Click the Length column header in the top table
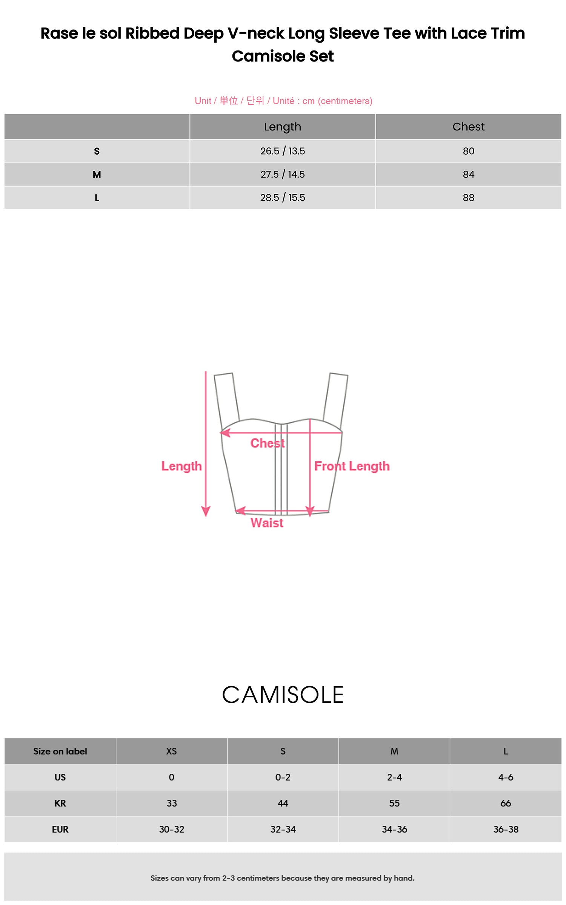283,127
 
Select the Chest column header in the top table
468,127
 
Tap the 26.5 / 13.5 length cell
283,151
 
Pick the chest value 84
468,175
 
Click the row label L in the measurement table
97,198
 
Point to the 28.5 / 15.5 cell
283,198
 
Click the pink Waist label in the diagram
267,523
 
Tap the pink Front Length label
352,466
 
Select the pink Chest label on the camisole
268,443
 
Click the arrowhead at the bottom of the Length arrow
206,512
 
